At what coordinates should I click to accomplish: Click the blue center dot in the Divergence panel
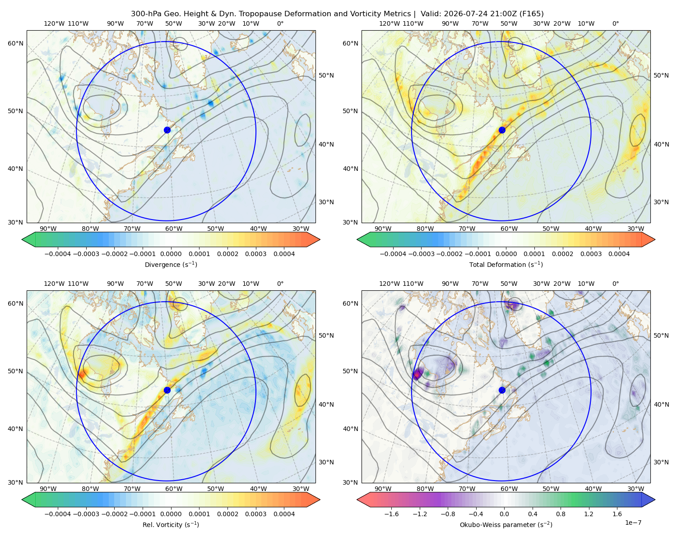point(167,130)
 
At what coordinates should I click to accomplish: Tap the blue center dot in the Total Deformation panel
point(502,130)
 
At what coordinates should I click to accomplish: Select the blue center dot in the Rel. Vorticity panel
point(167,390)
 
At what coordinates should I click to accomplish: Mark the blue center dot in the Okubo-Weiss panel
point(502,390)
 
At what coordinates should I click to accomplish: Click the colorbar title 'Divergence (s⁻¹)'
point(171,264)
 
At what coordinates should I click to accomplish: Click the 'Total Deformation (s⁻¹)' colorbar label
point(506,264)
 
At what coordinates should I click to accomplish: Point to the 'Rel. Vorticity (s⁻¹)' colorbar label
point(171,525)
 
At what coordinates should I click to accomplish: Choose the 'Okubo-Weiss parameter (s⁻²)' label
point(506,525)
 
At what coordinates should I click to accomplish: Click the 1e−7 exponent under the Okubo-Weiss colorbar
point(633,523)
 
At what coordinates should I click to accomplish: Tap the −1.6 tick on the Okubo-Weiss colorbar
point(391,514)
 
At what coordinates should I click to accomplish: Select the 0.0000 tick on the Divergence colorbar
point(171,254)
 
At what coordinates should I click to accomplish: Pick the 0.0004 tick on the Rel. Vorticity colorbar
point(284,514)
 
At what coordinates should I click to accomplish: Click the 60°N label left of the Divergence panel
point(15,43)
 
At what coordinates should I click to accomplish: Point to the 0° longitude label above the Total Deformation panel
point(615,23)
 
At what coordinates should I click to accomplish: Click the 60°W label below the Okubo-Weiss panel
point(509,489)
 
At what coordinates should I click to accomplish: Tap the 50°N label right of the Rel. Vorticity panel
point(326,335)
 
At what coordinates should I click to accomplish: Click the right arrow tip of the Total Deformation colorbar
point(655,239)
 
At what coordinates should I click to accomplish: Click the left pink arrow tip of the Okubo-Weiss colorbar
point(357,500)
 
